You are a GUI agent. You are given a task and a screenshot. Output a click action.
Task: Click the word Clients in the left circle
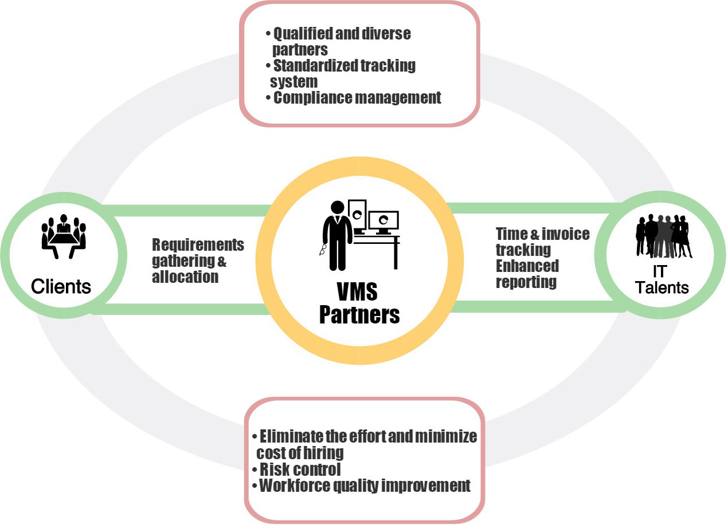[x=61, y=286]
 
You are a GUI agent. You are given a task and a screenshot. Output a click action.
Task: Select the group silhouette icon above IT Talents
[x=664, y=236]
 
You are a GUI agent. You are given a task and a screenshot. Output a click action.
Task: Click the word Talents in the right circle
[x=662, y=287]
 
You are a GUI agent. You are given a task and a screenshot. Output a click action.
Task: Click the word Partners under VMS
[x=359, y=315]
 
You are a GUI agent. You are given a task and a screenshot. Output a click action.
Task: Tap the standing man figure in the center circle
[x=337, y=235]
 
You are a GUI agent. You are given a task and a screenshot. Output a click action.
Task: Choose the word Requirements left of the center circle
[x=198, y=245]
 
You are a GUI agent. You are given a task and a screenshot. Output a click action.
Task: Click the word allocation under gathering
[x=185, y=277]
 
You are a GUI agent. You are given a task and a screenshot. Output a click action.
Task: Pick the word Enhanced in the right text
[x=527, y=266]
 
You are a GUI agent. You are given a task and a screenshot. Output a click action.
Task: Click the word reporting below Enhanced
[x=526, y=282]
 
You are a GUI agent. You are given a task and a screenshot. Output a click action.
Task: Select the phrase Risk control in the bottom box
[x=300, y=469]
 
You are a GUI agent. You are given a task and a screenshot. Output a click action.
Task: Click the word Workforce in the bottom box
[x=295, y=486]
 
